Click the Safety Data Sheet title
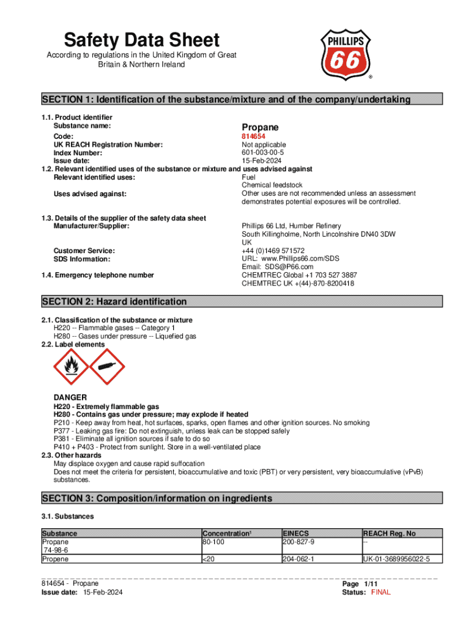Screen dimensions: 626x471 (x=142, y=40)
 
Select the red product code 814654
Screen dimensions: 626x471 (x=253, y=136)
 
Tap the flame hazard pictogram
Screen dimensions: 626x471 (x=71, y=367)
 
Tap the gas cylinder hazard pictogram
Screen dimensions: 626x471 (x=107, y=367)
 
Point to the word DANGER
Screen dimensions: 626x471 (x=70, y=397)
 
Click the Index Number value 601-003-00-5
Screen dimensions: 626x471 (x=263, y=153)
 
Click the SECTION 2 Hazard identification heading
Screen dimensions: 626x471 (x=114, y=301)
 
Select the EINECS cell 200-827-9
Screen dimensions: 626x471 (x=299, y=542)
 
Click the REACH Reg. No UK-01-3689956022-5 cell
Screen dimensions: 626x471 (x=396, y=559)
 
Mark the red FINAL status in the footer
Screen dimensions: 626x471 (x=381, y=592)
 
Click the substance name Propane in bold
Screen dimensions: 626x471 (x=261, y=127)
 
